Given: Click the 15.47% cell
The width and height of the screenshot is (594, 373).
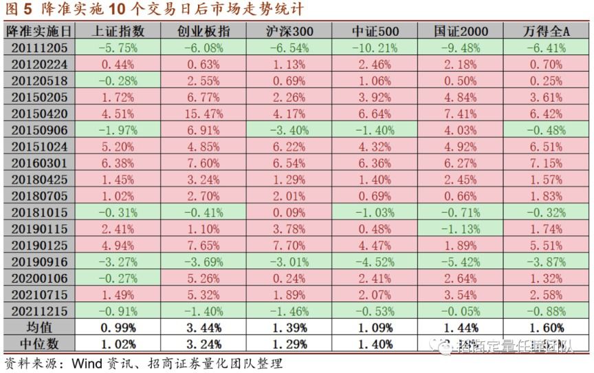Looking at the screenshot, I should (x=203, y=114).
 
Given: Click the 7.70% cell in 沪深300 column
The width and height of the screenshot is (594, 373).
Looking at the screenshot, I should (x=289, y=246).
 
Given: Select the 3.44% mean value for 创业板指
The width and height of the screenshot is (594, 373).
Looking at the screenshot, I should (x=203, y=328).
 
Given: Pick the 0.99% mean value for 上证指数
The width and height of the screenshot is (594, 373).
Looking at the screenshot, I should (x=118, y=328).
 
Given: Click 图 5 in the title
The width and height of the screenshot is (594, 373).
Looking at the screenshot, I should (x=19, y=10).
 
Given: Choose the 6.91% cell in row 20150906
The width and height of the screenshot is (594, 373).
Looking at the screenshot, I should (x=203, y=130).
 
